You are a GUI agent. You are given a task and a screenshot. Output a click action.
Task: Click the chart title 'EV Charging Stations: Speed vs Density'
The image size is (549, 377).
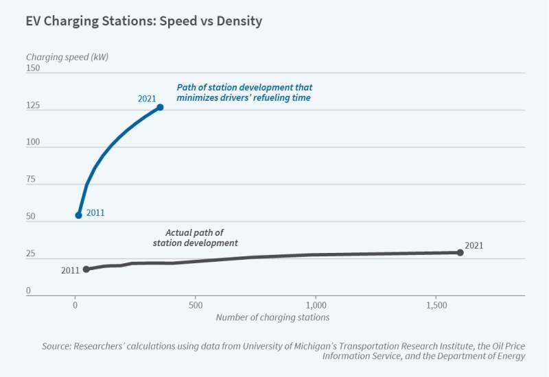[x=144, y=21]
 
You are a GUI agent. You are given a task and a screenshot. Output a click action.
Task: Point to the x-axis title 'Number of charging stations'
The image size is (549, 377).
[x=272, y=317]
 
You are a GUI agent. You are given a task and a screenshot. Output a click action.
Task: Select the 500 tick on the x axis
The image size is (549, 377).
[x=196, y=304]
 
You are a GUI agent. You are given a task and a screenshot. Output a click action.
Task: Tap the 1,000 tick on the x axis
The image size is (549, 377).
[x=316, y=304]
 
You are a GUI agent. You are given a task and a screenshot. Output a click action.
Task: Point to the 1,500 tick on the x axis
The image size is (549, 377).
[x=436, y=304]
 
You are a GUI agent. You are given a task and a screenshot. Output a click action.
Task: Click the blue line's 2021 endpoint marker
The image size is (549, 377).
[x=160, y=107]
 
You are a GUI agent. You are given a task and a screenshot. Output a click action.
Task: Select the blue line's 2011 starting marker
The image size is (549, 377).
[x=78, y=215]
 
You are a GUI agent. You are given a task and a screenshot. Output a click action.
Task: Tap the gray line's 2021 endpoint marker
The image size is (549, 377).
[x=460, y=252]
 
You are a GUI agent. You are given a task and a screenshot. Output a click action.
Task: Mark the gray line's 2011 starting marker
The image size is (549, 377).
[x=86, y=269]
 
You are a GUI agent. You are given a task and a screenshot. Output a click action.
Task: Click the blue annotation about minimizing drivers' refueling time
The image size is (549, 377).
[x=244, y=93]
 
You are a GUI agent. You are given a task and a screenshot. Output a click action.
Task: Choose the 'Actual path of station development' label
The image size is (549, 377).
[x=195, y=238]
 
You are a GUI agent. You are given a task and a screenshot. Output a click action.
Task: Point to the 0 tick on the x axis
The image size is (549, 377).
[x=75, y=304]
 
